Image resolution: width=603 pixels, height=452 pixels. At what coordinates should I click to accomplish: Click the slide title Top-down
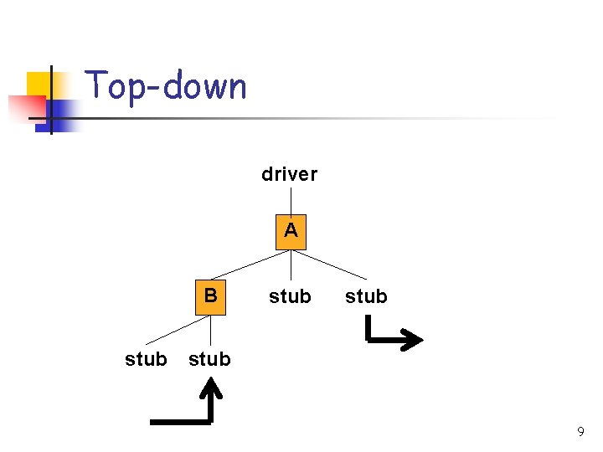click(x=167, y=86)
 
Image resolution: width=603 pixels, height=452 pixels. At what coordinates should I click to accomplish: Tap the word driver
click(x=290, y=174)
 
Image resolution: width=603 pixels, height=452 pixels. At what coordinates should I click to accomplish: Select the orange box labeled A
click(x=291, y=231)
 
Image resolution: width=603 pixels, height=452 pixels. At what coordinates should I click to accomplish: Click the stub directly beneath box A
click(x=290, y=296)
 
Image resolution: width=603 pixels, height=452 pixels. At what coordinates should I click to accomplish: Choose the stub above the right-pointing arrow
click(x=366, y=296)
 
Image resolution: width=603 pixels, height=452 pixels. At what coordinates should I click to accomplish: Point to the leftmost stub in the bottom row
click(x=146, y=359)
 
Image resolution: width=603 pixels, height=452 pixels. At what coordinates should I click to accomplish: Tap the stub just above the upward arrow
click(x=209, y=359)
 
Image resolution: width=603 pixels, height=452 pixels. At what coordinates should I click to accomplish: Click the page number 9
click(x=580, y=432)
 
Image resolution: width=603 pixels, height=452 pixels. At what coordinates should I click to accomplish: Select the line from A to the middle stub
click(x=291, y=265)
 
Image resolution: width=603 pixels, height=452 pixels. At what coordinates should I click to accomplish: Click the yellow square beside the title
click(x=38, y=84)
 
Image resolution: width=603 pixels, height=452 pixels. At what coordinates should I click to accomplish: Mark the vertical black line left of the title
click(x=50, y=99)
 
